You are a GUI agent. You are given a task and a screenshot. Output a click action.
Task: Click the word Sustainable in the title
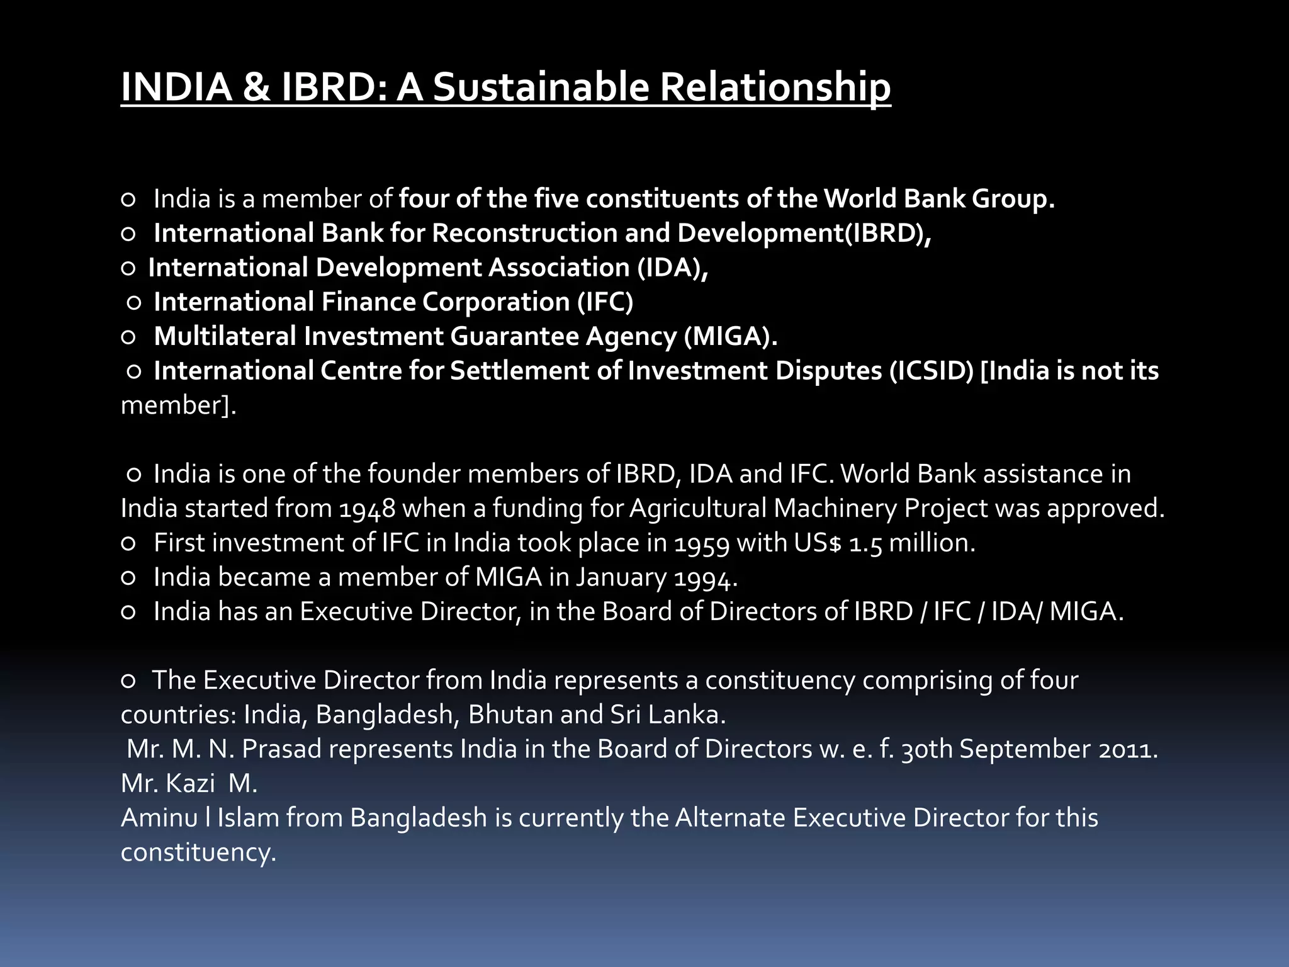pos(541,87)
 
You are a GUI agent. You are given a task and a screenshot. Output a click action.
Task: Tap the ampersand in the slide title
pos(256,87)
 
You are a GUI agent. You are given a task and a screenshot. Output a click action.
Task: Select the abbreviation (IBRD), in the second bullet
pos(887,233)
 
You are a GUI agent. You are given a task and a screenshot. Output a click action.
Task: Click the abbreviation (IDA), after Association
pos(672,268)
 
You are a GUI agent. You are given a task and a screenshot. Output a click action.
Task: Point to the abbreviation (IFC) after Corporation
pos(605,302)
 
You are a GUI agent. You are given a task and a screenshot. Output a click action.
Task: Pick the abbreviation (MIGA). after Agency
pos(731,336)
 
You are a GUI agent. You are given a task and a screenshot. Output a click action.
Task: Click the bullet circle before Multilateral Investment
pos(128,337)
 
